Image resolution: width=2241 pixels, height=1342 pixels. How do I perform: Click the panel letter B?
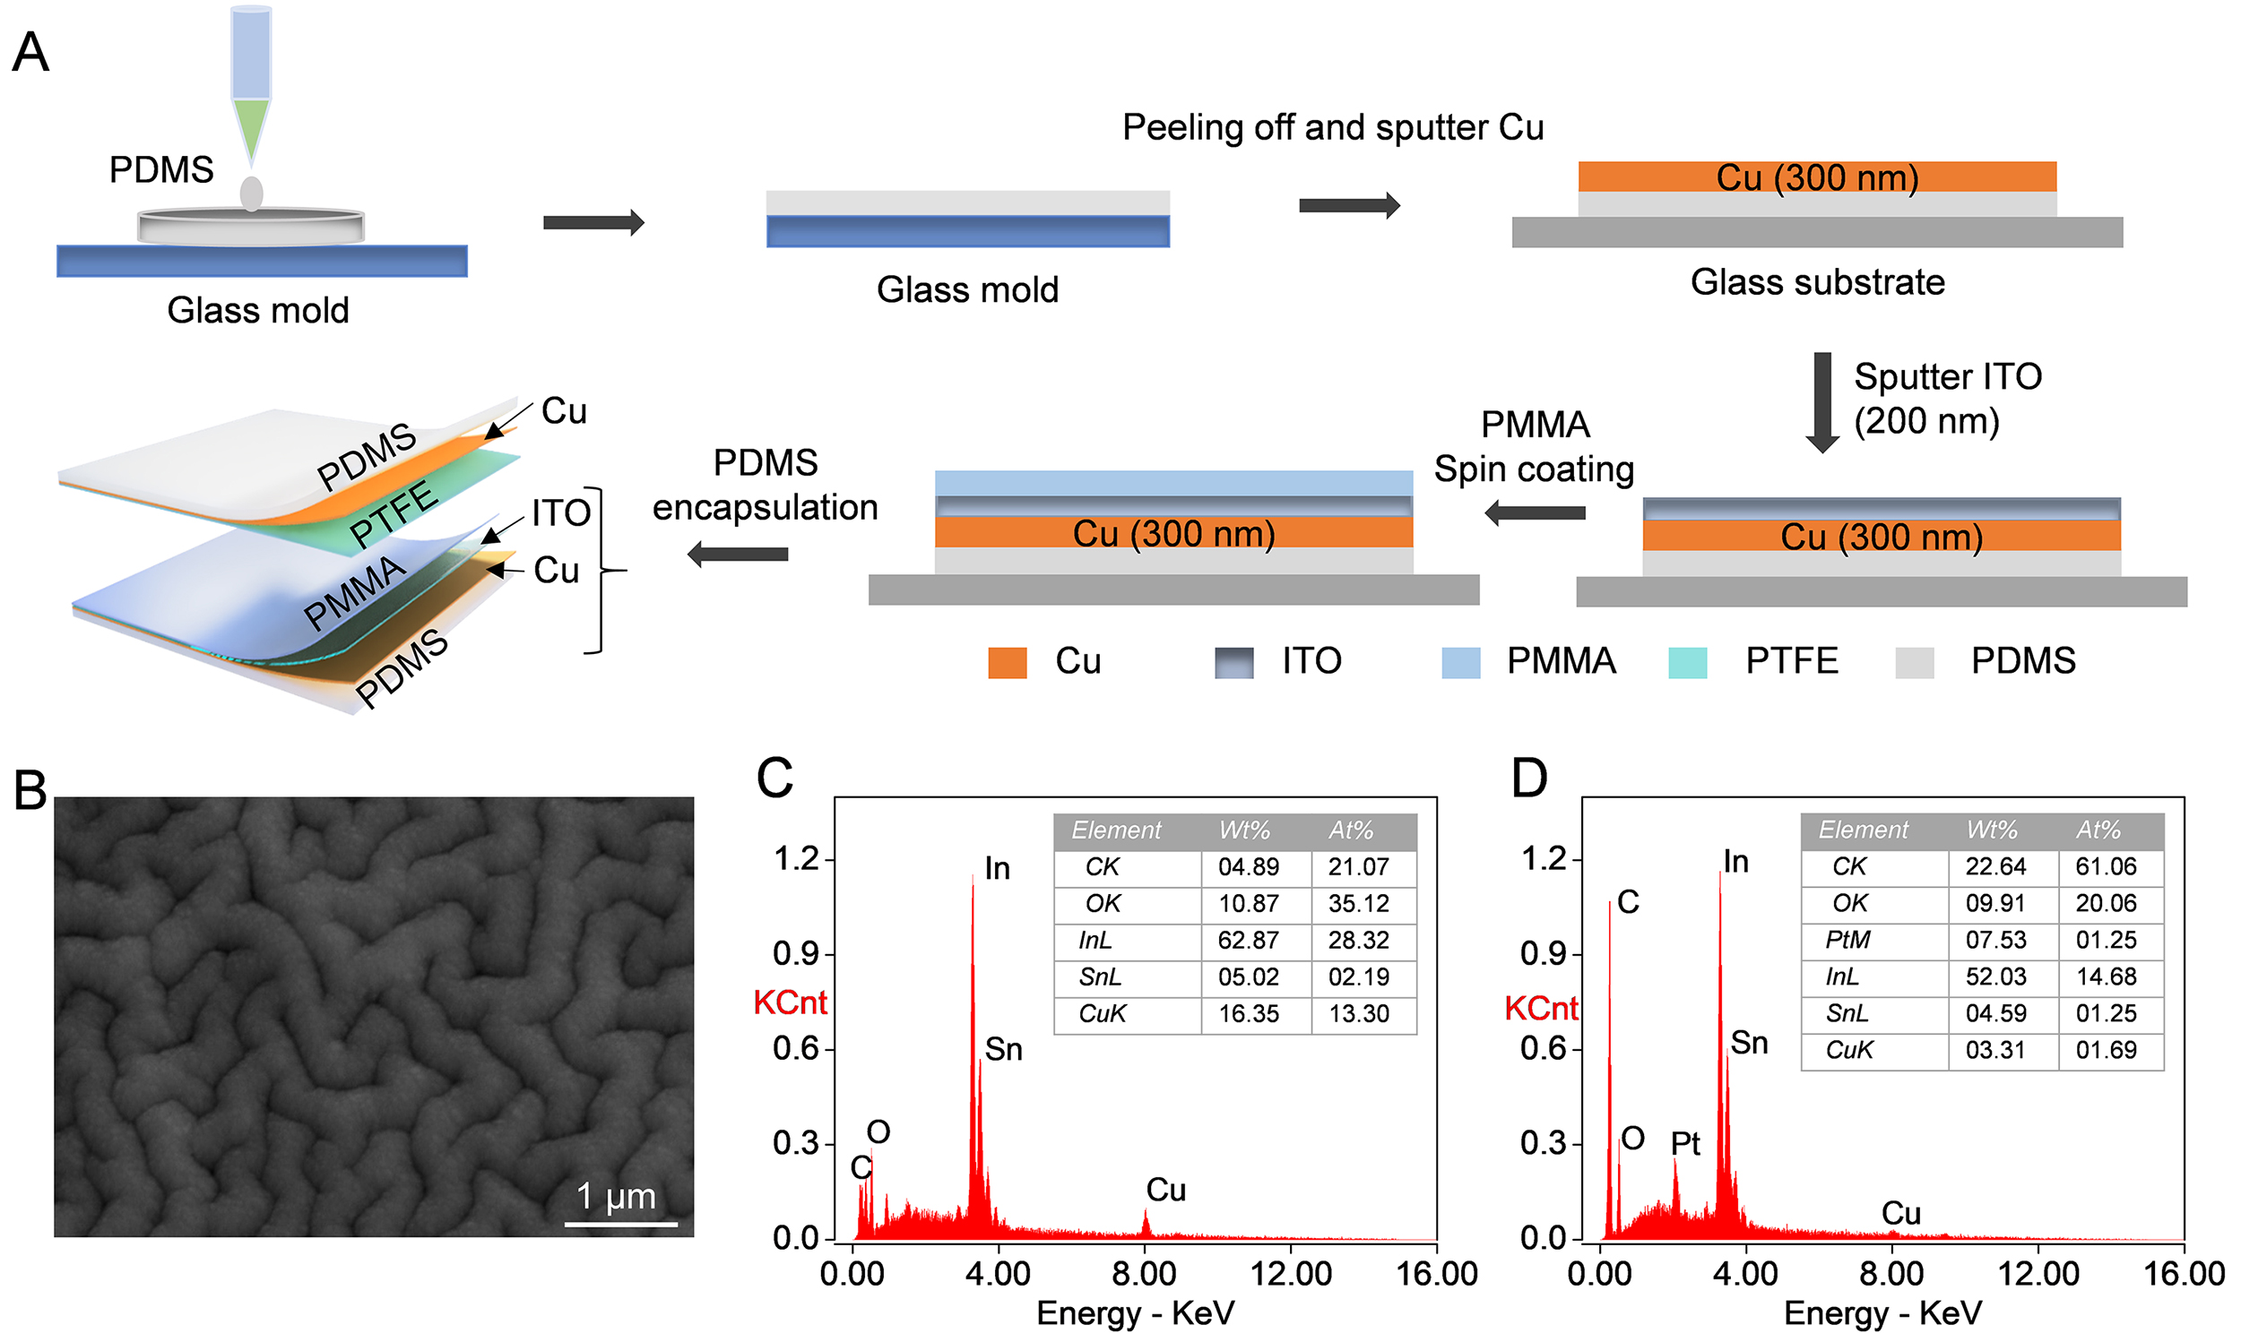point(30,790)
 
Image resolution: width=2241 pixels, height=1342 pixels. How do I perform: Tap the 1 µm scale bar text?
point(616,1196)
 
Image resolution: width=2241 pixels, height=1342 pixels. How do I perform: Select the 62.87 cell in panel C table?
point(1248,941)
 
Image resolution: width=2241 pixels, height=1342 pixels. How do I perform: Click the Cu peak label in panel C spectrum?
point(1165,1190)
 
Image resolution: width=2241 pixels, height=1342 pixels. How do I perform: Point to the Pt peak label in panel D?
point(1684,1144)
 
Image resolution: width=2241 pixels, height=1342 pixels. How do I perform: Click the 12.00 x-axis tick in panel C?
point(1290,1274)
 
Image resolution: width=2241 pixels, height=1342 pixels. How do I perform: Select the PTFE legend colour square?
point(1687,663)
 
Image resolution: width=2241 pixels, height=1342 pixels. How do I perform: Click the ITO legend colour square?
point(1234,663)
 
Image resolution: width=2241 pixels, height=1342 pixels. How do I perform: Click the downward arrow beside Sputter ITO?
point(1822,402)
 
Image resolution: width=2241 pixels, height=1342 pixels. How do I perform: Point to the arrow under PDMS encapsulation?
point(739,555)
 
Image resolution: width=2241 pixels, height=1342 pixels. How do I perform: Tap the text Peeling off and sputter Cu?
point(1333,127)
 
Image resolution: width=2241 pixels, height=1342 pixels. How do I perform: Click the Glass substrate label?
point(1817,282)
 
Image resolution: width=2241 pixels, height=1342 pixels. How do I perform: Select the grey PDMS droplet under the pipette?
point(252,194)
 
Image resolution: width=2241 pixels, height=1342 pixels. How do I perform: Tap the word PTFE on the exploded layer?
point(394,514)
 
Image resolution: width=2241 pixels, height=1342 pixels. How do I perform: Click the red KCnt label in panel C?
point(790,1002)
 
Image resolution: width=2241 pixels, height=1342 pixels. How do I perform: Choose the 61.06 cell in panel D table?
point(2106,866)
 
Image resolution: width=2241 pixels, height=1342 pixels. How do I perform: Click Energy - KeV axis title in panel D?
point(1882,1313)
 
